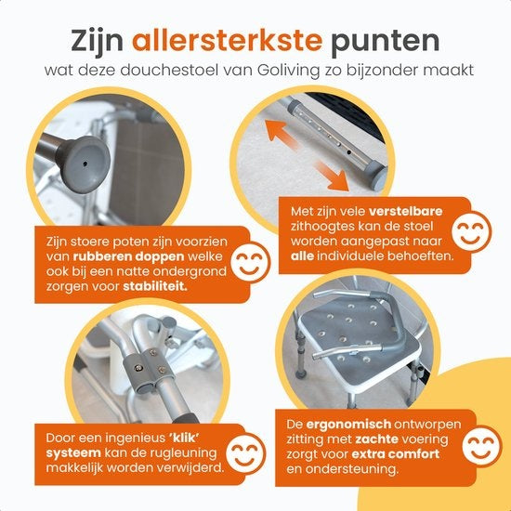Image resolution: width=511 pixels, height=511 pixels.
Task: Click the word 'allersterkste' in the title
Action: tap(239, 41)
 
